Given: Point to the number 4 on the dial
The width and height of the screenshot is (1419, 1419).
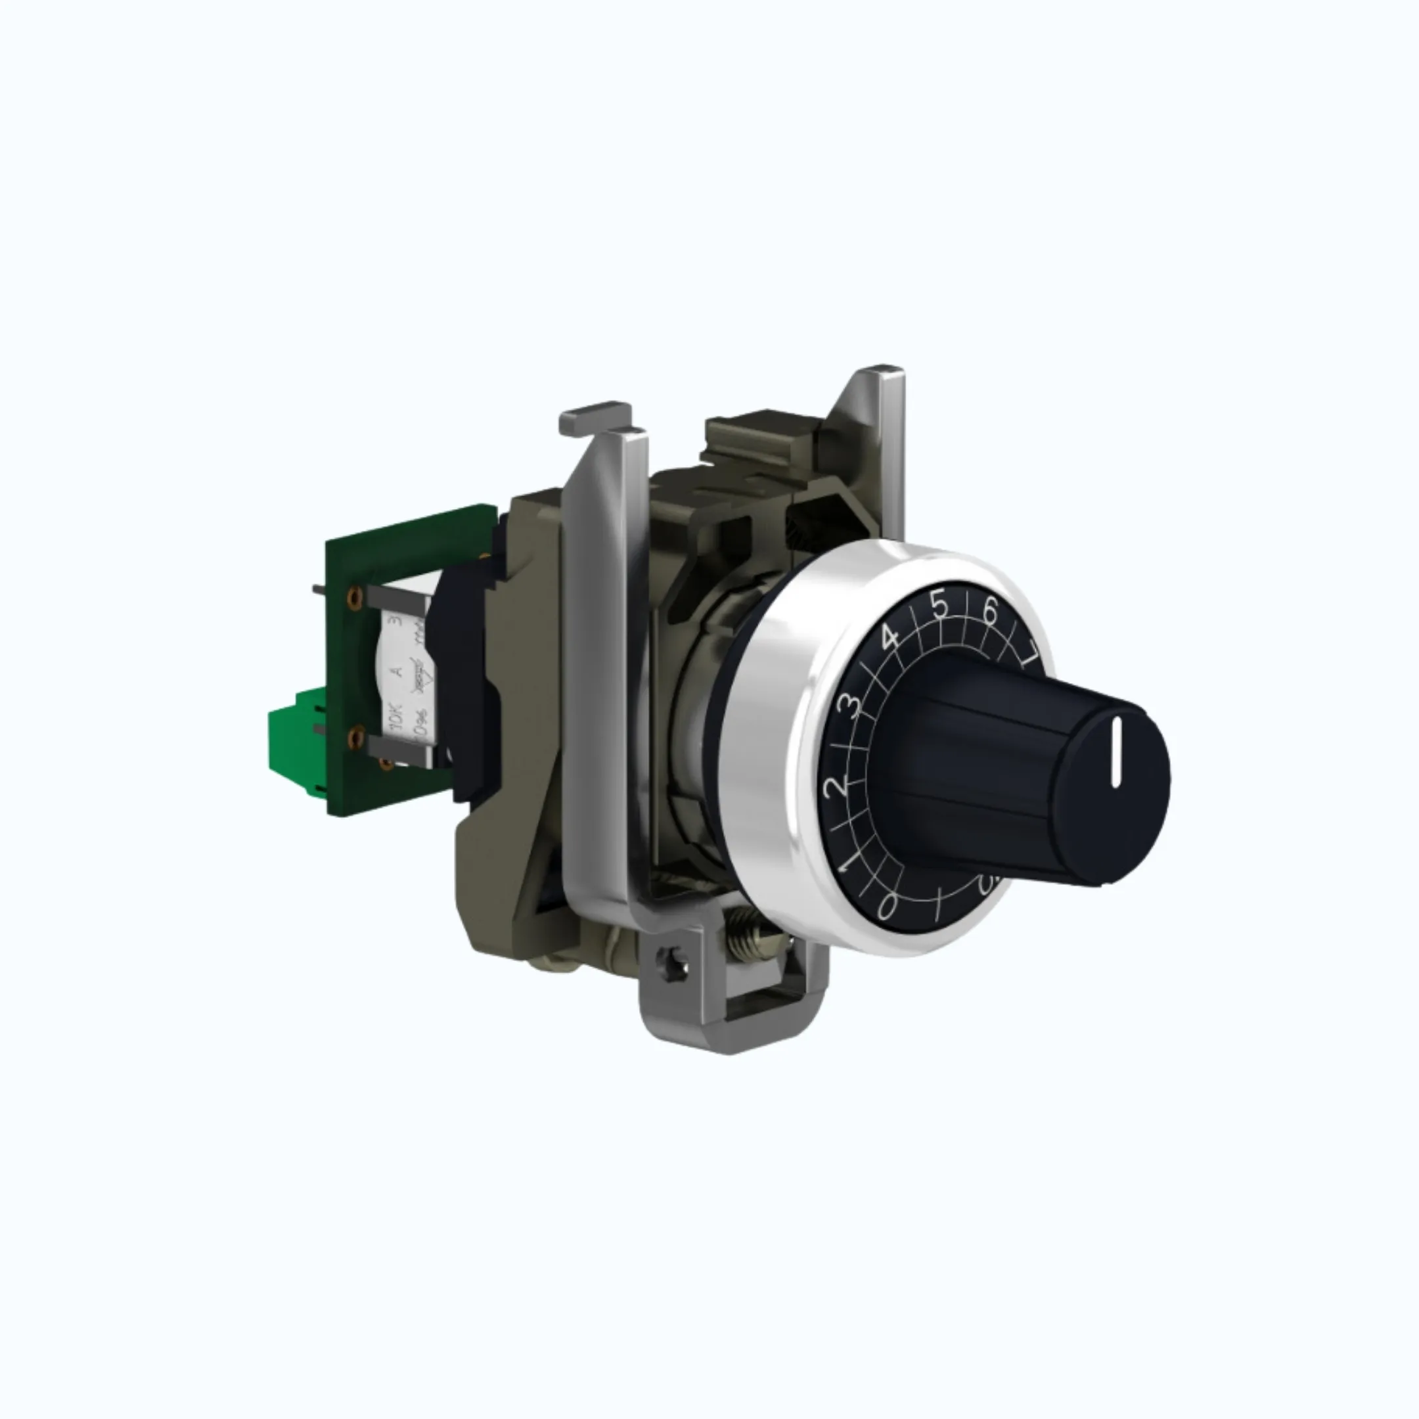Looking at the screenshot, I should pyautogui.click(x=890, y=637).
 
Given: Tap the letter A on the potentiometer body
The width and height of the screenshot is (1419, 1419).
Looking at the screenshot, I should pyautogui.click(x=397, y=670).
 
